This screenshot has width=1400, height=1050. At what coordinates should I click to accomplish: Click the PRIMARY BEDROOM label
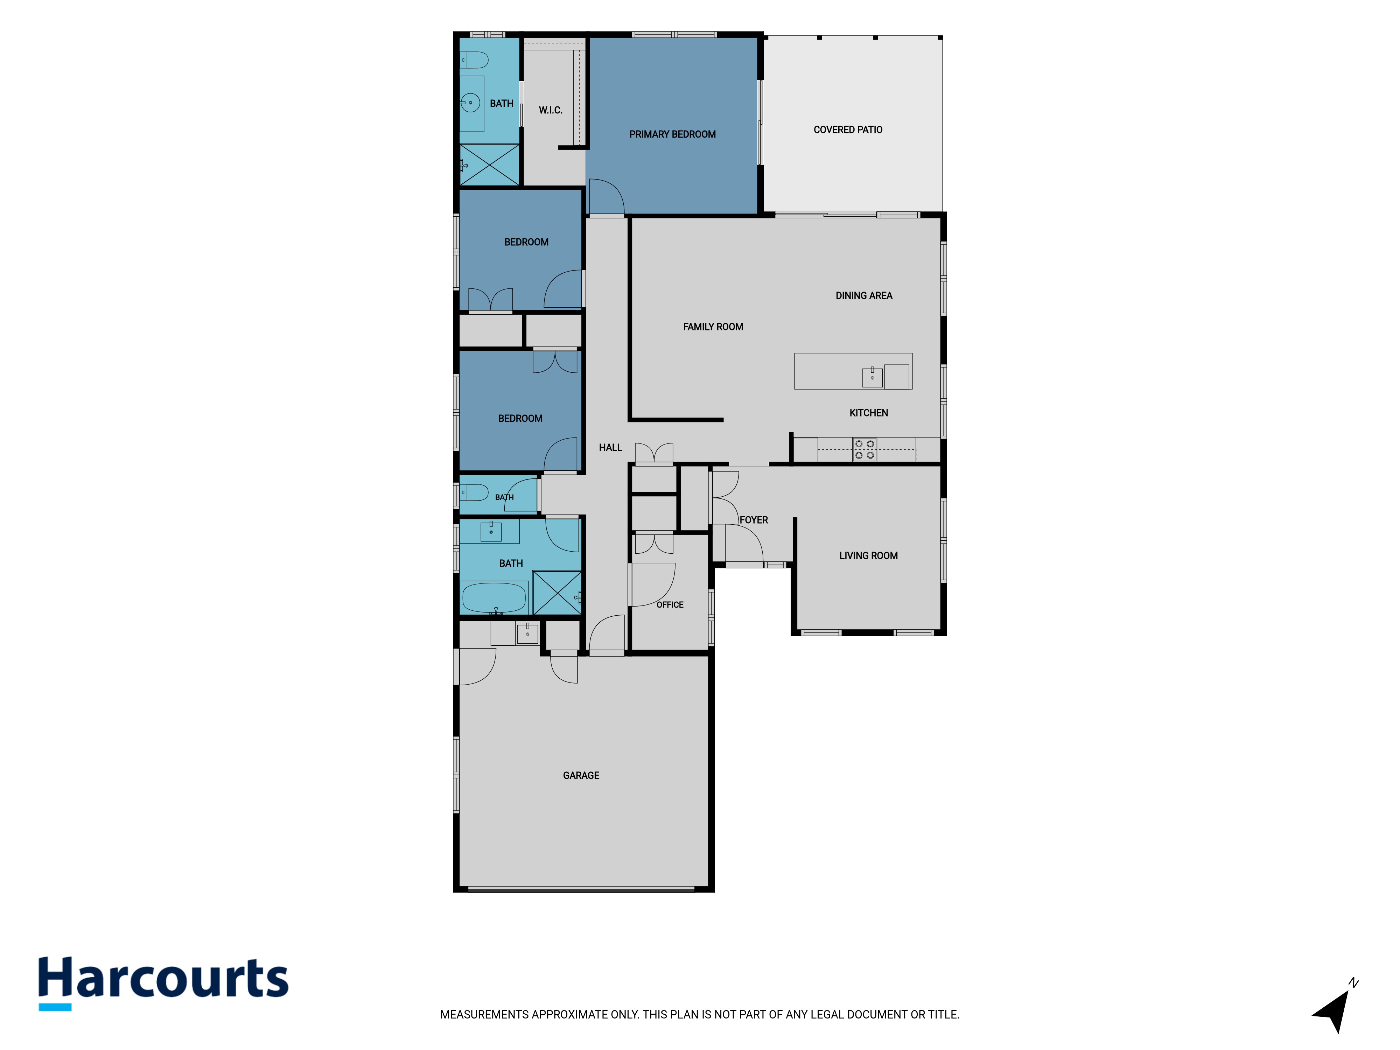[x=672, y=134]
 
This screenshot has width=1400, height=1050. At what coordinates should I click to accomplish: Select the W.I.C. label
[x=550, y=110]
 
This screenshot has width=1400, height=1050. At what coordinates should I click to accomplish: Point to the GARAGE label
[x=581, y=775]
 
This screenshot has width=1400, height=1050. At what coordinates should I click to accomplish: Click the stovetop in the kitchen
[x=864, y=449]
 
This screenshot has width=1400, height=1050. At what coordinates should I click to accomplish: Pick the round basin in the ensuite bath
[x=470, y=103]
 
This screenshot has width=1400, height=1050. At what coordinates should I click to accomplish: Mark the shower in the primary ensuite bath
[x=489, y=164]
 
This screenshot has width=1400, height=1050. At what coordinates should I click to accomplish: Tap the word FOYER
[x=754, y=520]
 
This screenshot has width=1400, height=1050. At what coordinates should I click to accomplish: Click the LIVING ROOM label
[x=868, y=556]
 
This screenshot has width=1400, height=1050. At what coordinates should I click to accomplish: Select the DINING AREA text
[x=864, y=295]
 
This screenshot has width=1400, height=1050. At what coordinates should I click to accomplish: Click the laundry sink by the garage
[x=527, y=633]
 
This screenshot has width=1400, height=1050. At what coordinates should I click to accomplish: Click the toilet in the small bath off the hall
[x=474, y=492]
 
